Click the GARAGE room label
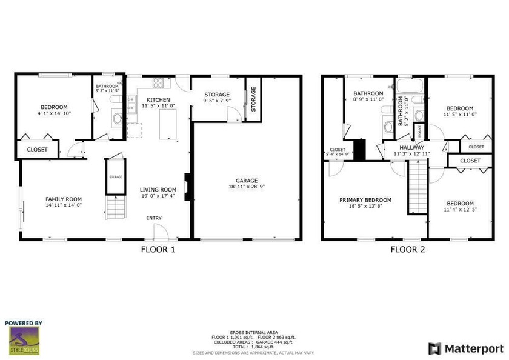point(247,181)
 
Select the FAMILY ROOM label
point(64,199)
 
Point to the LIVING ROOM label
point(158,189)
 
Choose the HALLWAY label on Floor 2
point(411,147)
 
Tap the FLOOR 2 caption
point(408,248)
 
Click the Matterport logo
point(465,348)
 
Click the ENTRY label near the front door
point(154,218)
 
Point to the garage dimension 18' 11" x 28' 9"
point(247,187)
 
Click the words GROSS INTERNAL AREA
point(253,333)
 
